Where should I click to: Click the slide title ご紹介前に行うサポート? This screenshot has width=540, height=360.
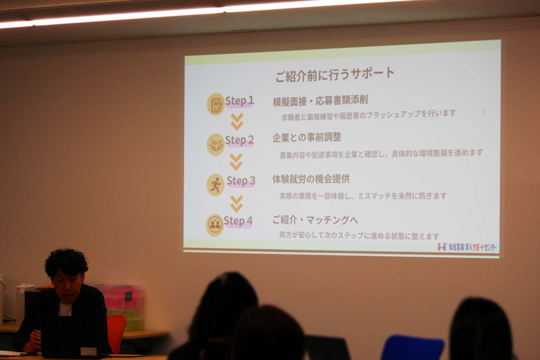click(x=335, y=74)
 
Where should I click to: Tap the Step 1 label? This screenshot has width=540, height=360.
click(x=239, y=101)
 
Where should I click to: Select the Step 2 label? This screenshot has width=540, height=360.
click(x=239, y=140)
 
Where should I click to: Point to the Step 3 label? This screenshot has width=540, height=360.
click(x=241, y=181)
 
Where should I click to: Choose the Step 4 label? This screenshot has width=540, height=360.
click(x=238, y=221)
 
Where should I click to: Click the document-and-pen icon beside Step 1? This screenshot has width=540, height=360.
click(x=216, y=104)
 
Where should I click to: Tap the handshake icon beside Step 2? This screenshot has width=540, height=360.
click(x=216, y=144)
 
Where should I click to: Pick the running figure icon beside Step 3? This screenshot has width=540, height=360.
click(x=215, y=185)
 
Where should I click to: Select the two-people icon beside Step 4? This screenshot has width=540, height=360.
click(x=215, y=225)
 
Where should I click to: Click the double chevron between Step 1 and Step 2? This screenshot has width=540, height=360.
click(x=237, y=122)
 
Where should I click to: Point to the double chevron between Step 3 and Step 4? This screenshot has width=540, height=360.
click(x=236, y=204)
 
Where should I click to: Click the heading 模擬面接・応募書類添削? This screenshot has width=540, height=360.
click(x=320, y=101)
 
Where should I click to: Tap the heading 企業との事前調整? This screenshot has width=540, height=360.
click(x=307, y=138)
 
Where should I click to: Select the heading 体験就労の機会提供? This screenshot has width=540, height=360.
click(x=311, y=179)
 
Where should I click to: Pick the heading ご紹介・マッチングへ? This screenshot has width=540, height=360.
click(x=315, y=220)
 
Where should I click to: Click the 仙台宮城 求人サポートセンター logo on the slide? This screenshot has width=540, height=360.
click(x=467, y=247)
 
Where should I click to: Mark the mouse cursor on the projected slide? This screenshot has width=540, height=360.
click(x=483, y=111)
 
